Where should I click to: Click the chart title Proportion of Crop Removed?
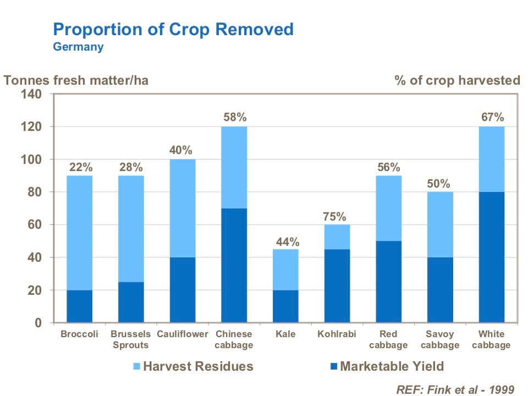[173, 29]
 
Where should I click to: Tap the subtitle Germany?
[78, 47]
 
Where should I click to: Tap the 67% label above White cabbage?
[491, 117]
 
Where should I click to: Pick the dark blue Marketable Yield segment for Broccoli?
[79, 306]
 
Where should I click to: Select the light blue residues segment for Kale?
[285, 269]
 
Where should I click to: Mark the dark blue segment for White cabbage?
[491, 257]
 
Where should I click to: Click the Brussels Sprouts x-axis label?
[130, 339]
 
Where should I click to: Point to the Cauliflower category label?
[182, 334]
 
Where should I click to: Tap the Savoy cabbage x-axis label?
[440, 339]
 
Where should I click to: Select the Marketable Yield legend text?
[392, 366]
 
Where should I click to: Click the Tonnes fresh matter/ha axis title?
[76, 80]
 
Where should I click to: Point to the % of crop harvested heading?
[457, 80]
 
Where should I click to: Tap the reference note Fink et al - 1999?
[455, 389]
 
